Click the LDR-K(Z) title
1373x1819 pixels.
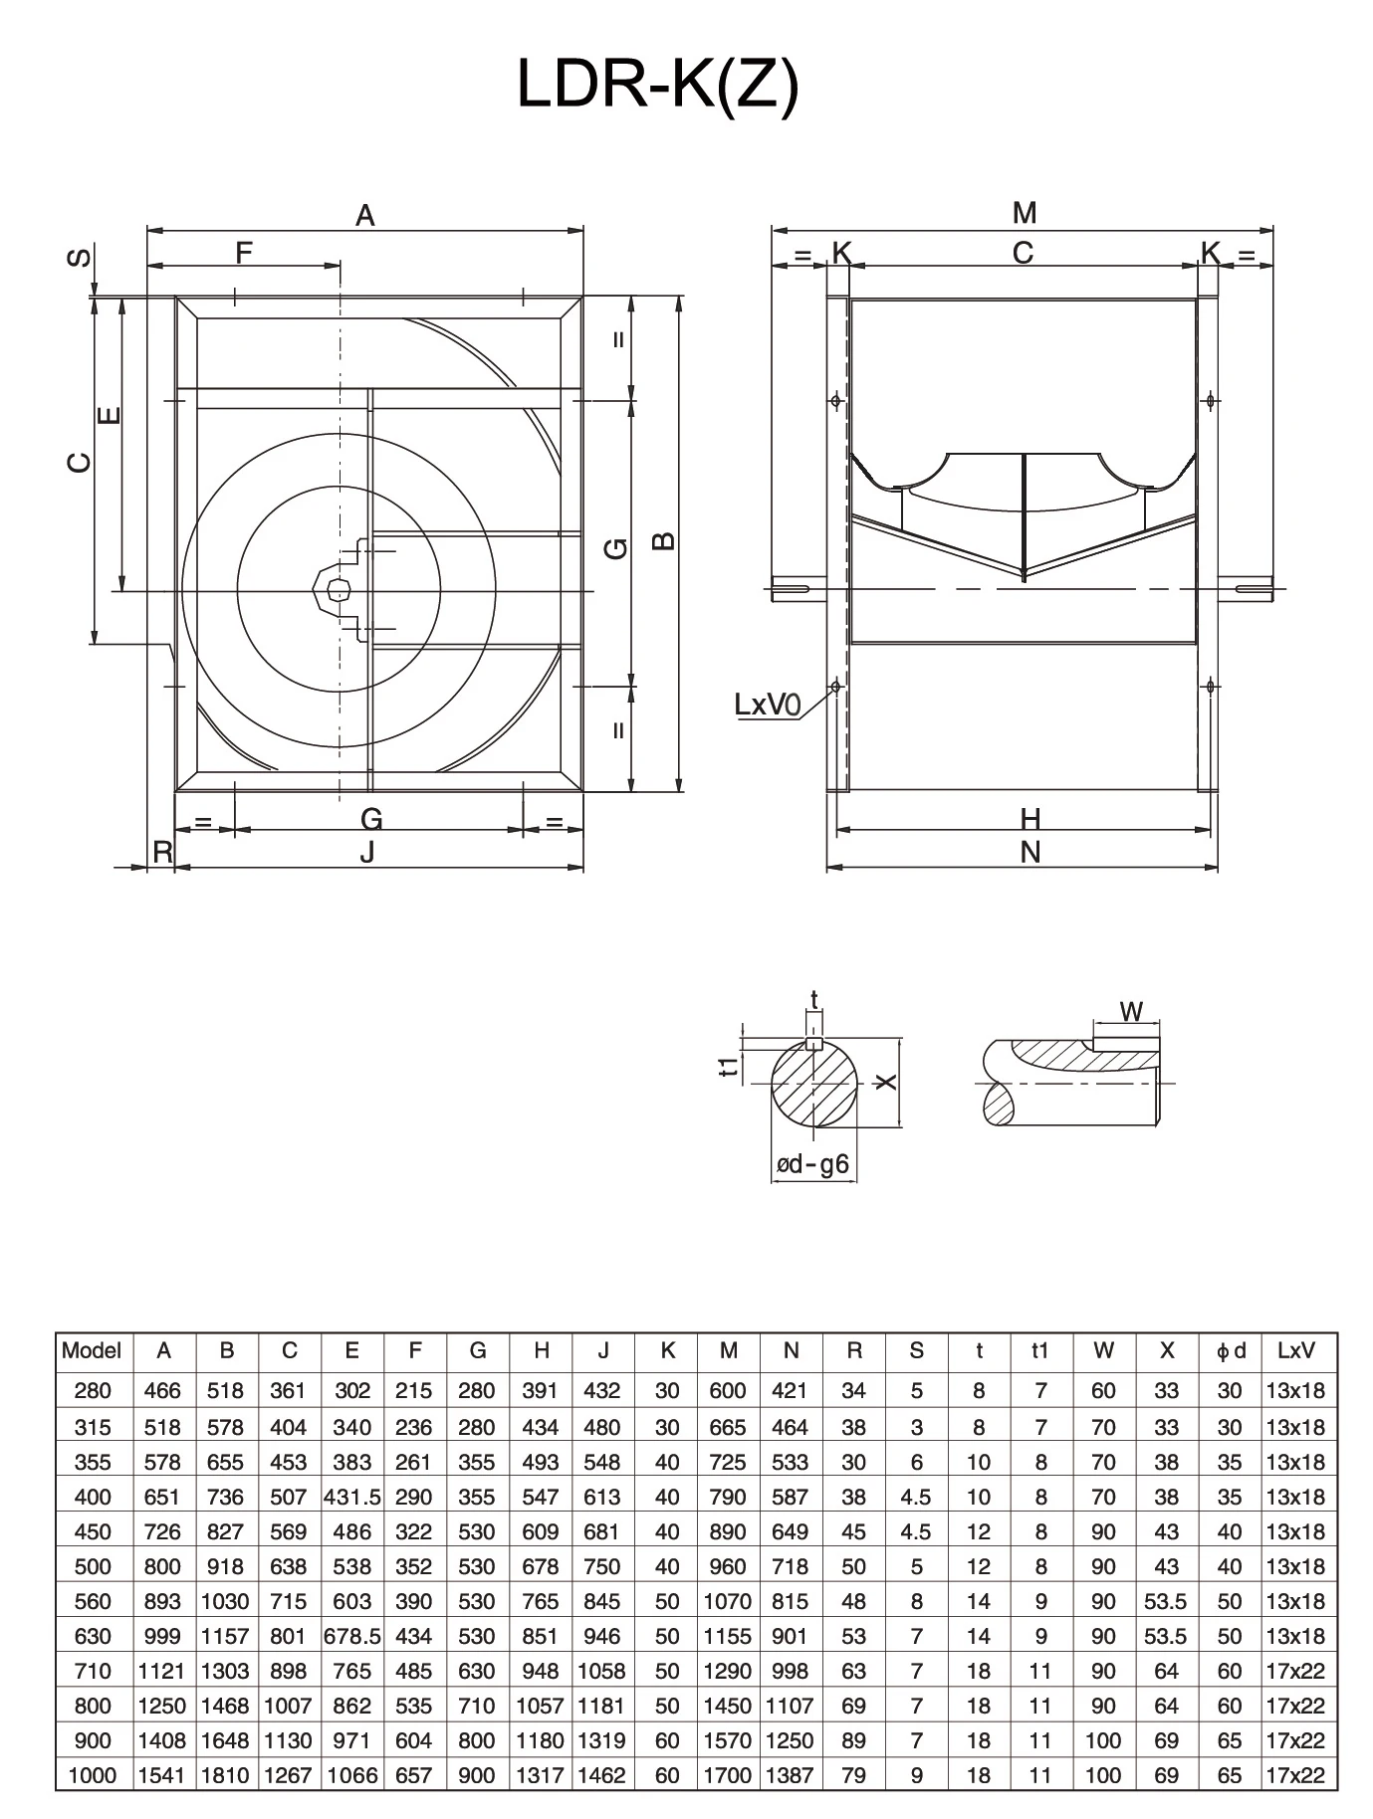tap(658, 87)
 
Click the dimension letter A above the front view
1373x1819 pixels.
tap(365, 215)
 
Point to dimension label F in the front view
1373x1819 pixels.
tap(244, 253)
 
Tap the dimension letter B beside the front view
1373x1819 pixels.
tap(664, 540)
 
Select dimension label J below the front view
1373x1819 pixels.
tap(367, 852)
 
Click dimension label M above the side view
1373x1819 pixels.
tap(1025, 213)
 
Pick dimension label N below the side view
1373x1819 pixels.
tap(1030, 852)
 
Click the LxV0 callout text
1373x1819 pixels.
tap(767, 705)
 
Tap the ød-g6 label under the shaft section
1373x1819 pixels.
tap(813, 1164)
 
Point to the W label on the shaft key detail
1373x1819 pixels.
tap(1131, 1012)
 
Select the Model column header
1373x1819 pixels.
tap(92, 1350)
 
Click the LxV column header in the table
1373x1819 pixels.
tap(1295, 1350)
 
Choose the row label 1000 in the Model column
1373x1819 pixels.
tap(92, 1774)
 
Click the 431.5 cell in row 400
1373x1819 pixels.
tap(351, 1497)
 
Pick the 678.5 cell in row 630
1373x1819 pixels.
tap(351, 1636)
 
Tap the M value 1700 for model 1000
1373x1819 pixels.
tap(728, 1774)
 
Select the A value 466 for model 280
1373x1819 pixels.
tap(163, 1391)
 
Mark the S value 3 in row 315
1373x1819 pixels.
tap(916, 1427)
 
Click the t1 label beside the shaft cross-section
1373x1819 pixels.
tap(731, 1066)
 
